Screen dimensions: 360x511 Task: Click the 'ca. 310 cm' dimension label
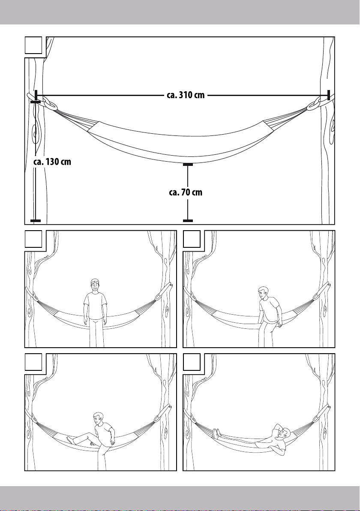pyautogui.click(x=186, y=95)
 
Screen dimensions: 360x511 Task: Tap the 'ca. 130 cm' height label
pyautogui.click(x=52, y=162)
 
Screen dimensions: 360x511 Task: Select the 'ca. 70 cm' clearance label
pyautogui.click(x=186, y=192)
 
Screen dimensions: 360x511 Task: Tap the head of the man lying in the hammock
pyautogui.click(x=284, y=433)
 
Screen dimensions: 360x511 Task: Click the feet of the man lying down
pyautogui.click(x=216, y=433)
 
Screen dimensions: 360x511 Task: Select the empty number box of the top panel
pyautogui.click(x=33, y=45)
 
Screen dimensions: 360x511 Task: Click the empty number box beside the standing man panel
pyautogui.click(x=33, y=239)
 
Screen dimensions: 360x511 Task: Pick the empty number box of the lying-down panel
pyautogui.click(x=192, y=362)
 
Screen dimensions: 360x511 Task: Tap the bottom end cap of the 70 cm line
pyautogui.click(x=188, y=221)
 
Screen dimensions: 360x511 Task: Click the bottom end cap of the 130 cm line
pyautogui.click(x=36, y=221)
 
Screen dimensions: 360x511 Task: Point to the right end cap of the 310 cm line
pyautogui.click(x=329, y=95)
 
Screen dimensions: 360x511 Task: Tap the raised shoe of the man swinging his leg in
pyautogui.click(x=70, y=440)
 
